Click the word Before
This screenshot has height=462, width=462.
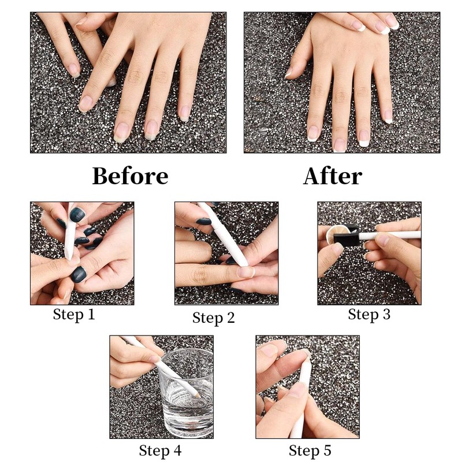pos(131,176)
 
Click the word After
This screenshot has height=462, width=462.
pos(333,176)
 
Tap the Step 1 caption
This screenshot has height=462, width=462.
pos(74,314)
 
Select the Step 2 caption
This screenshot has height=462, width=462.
pos(214,318)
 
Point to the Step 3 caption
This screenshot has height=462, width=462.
pos(369,314)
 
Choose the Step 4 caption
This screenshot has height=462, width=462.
pos(160,450)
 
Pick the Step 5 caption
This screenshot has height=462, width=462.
pos(310,450)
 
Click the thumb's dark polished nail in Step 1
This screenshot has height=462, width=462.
pos(78,275)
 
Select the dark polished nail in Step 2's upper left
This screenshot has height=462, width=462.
pos(204,222)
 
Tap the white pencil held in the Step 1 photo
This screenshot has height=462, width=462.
pos(70,233)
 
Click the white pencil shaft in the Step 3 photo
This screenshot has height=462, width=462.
pos(389,235)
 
